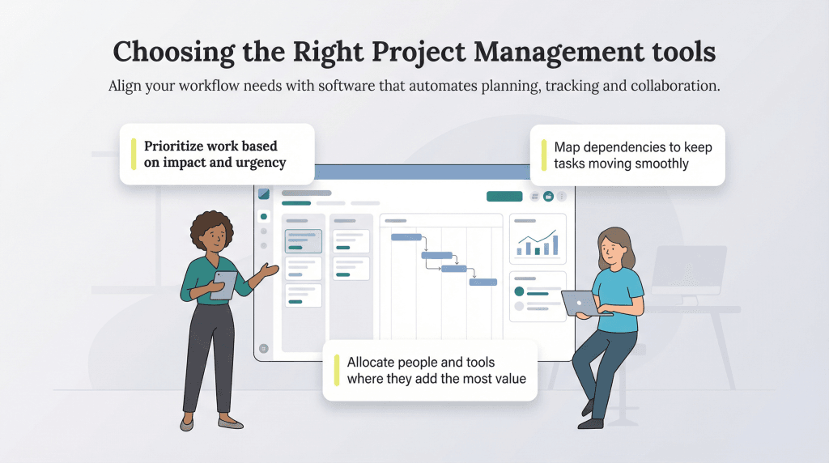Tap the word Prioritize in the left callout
pyautogui.click(x=177, y=147)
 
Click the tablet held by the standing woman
pyautogui.click(x=224, y=285)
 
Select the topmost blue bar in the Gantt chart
pyautogui.click(x=406, y=237)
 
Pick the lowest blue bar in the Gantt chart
pyautogui.click(x=483, y=282)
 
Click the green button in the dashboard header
pyautogui.click(x=504, y=196)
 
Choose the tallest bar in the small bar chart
pyautogui.click(x=556, y=244)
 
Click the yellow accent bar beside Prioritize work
pyautogui.click(x=134, y=154)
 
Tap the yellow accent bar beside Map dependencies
pyautogui.click(x=543, y=155)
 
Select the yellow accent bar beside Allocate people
pyautogui.click(x=336, y=370)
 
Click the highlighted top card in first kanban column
pyautogui.click(x=304, y=241)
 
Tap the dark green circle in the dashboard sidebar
pyautogui.click(x=264, y=217)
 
